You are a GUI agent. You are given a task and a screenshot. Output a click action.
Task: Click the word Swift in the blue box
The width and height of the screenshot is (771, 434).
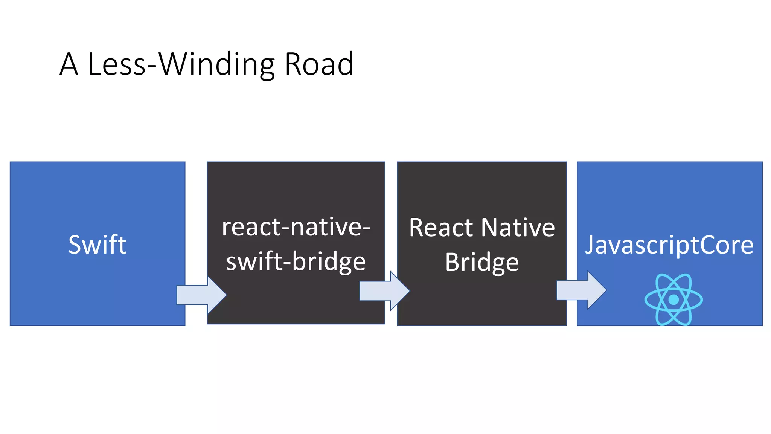click(97, 245)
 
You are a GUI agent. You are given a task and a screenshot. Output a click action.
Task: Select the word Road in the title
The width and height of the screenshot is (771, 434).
click(319, 64)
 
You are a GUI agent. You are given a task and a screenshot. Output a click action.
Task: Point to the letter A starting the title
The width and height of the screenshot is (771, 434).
click(69, 64)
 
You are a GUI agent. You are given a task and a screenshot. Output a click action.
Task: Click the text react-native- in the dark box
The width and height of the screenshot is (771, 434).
click(296, 227)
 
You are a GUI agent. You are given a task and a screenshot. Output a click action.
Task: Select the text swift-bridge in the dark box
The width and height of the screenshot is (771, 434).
click(296, 261)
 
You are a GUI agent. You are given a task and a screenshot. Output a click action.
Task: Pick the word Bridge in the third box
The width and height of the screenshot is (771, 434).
click(482, 263)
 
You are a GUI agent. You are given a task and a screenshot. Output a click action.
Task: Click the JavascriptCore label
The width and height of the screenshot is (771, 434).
click(669, 245)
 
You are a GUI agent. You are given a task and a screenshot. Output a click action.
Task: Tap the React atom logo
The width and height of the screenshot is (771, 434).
click(673, 300)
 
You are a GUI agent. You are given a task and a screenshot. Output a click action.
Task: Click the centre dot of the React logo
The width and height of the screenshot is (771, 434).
click(673, 300)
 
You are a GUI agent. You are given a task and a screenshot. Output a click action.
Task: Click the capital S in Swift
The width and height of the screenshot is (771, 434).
click(75, 245)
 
